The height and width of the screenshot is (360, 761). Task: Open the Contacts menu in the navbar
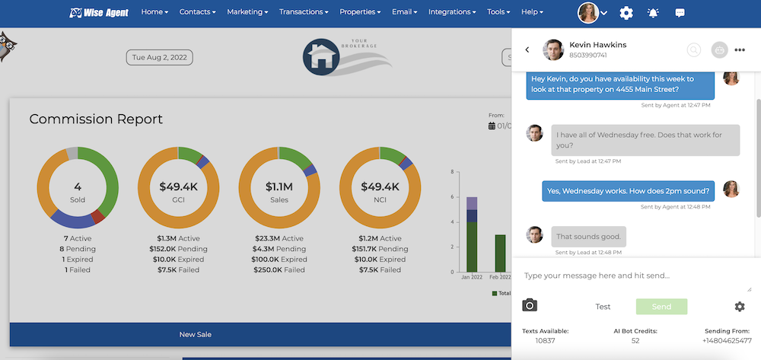[197, 12]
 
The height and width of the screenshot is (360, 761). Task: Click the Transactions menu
[303, 12]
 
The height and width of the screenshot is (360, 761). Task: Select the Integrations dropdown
[452, 12]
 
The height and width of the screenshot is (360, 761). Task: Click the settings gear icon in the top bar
[626, 13]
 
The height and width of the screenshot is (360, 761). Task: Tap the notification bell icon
[653, 13]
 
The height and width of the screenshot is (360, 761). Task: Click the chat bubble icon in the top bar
[680, 13]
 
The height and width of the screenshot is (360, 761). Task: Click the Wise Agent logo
[99, 12]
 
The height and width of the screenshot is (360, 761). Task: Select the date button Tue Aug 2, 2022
[160, 57]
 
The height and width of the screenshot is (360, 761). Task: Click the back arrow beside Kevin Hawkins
[527, 50]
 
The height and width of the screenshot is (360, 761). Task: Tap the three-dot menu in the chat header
[740, 50]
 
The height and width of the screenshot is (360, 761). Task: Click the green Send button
[661, 307]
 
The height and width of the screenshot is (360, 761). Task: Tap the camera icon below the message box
[530, 306]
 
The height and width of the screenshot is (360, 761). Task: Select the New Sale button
[196, 334]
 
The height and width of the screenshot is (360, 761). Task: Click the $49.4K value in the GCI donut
[179, 186]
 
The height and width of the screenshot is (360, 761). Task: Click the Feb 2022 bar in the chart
[500, 253]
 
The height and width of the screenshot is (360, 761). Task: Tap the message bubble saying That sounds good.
[588, 236]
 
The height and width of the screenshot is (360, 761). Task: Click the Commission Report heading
[96, 119]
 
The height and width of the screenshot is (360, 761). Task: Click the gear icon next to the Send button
[740, 307]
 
